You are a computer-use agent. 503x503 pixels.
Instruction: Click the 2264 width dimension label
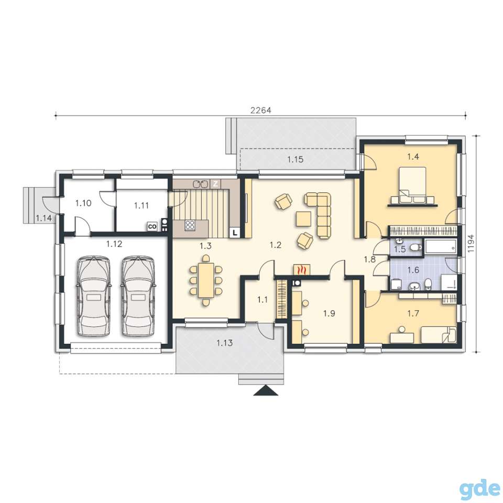(260, 111)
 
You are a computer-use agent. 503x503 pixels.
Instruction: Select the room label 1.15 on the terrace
(295, 159)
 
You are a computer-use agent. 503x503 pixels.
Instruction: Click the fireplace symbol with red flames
(302, 269)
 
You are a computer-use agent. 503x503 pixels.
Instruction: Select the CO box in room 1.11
(152, 227)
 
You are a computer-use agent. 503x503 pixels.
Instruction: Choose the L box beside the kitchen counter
(235, 232)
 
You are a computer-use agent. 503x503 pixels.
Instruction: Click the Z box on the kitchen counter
(215, 184)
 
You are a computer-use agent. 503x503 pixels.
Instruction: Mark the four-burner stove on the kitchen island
(190, 225)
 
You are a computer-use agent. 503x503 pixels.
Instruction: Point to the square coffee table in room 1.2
(303, 219)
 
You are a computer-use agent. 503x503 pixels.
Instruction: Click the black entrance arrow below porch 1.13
(266, 391)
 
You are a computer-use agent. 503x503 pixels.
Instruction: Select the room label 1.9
(329, 313)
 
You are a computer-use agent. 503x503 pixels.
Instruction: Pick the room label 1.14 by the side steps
(43, 218)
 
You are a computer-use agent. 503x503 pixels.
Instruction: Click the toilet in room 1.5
(415, 247)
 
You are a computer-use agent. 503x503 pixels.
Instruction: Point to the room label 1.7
(413, 313)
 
